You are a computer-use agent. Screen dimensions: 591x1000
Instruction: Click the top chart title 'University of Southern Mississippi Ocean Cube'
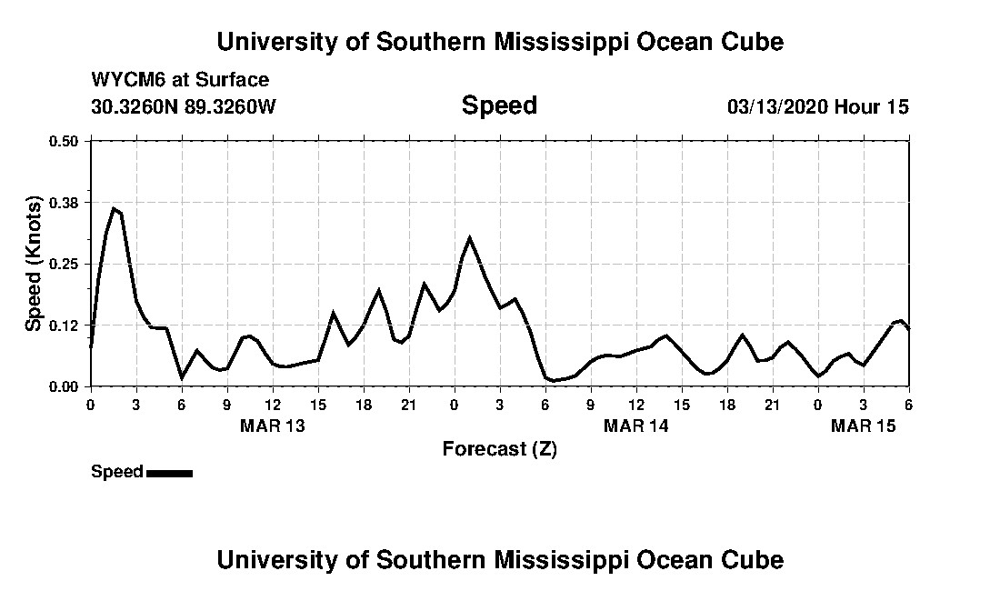[x=499, y=42]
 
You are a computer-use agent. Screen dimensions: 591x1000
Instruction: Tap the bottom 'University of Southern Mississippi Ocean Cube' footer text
[x=499, y=559]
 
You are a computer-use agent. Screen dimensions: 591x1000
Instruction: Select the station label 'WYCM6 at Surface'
[x=180, y=80]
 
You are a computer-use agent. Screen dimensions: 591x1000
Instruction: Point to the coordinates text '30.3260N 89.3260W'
[x=184, y=106]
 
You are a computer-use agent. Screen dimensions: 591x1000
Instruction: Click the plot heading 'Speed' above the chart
[x=499, y=105]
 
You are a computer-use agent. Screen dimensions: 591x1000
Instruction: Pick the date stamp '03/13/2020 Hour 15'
[x=817, y=106]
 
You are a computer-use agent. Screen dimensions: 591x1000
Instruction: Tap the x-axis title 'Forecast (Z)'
[x=499, y=448]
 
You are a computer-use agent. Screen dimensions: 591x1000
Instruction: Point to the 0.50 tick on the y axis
[x=64, y=141]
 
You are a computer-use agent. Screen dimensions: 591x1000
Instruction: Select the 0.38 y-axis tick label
[x=64, y=202]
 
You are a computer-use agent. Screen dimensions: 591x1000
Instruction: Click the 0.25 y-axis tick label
[x=64, y=264]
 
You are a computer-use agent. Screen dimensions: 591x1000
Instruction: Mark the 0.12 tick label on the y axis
[x=64, y=326]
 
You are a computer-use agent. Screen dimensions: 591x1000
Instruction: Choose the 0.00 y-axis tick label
[x=64, y=386]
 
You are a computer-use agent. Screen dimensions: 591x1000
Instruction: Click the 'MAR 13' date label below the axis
[x=273, y=426]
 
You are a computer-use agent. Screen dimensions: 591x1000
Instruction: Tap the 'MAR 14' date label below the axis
[x=636, y=426]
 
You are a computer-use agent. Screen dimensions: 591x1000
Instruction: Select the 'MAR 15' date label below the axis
[x=864, y=426]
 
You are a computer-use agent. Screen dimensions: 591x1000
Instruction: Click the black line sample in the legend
[x=169, y=473]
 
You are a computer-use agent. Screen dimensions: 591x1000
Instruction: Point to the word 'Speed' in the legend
[x=117, y=472]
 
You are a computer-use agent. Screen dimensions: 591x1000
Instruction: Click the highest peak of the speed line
[x=114, y=209]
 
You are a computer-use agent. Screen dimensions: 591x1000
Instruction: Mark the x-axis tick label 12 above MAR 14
[x=636, y=405]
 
